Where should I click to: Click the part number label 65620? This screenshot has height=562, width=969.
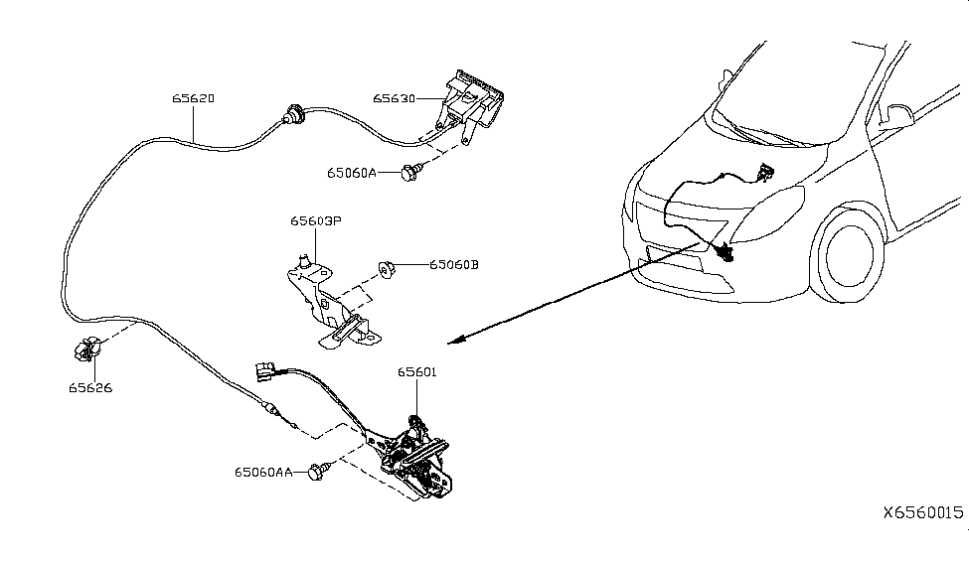click(x=194, y=99)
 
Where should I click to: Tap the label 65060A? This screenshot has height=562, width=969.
click(x=352, y=173)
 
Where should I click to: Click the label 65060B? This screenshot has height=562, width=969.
click(x=454, y=265)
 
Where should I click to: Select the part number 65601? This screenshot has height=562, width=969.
click(x=417, y=372)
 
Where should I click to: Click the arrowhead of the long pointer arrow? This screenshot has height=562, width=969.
click(x=454, y=342)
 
